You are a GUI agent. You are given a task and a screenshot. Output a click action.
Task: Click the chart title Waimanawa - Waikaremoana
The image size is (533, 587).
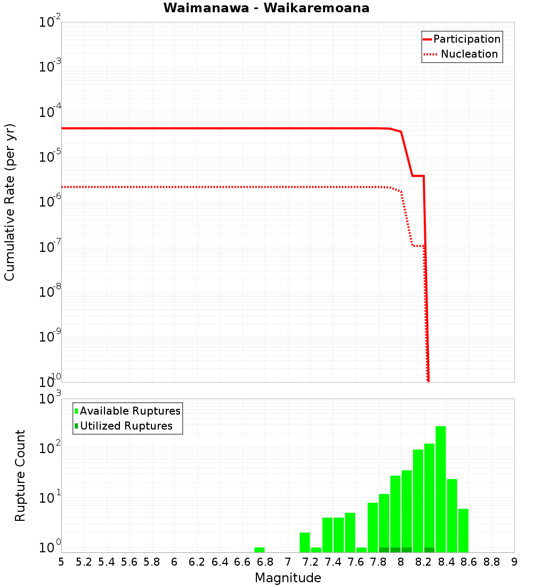pos(266,8)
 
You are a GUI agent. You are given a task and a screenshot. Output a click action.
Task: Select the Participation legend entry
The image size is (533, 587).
pos(466,39)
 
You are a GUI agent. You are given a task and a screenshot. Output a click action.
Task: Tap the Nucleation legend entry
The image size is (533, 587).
pos(469,54)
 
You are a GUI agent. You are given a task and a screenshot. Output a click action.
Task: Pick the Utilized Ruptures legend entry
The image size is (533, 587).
pos(126,426)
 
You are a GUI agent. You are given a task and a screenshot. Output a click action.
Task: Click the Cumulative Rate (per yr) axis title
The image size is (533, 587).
pos(10,202)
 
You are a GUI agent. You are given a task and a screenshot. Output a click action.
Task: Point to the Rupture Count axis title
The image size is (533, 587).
pos(20,475)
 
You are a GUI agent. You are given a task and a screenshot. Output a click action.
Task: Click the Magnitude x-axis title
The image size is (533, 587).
pos(288,577)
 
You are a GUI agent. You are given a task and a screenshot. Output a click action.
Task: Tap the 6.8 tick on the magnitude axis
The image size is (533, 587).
pos(265,561)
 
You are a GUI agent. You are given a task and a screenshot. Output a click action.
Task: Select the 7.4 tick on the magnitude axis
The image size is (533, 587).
pos(333,561)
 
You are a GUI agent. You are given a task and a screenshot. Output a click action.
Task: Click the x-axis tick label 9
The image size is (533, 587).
pos(514,561)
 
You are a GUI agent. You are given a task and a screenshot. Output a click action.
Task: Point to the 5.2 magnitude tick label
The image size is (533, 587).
pos(84,561)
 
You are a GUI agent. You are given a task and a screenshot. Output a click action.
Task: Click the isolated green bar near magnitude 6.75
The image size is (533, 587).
pos(260,550)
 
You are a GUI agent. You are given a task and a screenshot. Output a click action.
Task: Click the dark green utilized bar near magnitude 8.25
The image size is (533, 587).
pos(429,550)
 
